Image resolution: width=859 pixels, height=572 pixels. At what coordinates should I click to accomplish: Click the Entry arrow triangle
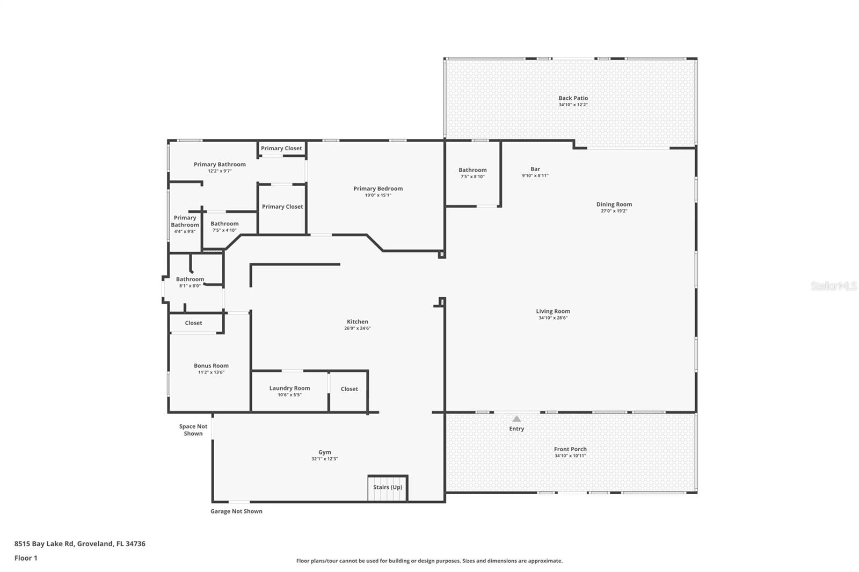(x=516, y=419)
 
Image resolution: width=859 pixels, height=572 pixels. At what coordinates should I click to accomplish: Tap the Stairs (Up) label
(x=388, y=487)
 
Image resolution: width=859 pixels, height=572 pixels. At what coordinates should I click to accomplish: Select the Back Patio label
(x=573, y=98)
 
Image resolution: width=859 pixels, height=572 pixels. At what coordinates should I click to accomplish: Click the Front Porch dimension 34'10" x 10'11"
(x=570, y=456)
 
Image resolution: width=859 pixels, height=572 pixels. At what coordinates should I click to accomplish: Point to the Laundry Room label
(x=289, y=388)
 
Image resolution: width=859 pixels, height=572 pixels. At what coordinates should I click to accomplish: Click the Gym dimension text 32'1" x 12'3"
(x=324, y=459)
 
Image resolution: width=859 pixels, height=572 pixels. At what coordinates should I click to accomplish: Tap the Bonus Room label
(x=211, y=365)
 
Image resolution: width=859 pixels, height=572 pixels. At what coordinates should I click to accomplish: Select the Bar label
(x=535, y=169)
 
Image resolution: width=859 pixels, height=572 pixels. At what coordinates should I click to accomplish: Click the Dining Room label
(x=614, y=204)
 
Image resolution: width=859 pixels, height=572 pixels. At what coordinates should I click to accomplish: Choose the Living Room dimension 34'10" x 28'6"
(x=553, y=318)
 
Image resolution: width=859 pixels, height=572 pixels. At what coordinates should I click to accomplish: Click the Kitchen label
(x=357, y=321)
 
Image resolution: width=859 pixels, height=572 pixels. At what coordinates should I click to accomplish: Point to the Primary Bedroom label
(x=378, y=188)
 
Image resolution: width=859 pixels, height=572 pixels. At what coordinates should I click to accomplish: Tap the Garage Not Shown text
(x=236, y=511)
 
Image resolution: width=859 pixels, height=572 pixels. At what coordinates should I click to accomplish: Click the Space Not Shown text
(x=193, y=430)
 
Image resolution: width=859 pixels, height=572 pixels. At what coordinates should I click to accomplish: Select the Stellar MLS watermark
(x=833, y=287)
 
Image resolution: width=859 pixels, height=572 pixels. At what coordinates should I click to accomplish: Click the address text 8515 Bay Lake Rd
(x=44, y=544)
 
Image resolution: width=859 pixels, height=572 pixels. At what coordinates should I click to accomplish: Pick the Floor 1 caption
(x=26, y=558)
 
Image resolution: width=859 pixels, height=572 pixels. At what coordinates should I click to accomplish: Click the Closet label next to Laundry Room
(x=349, y=389)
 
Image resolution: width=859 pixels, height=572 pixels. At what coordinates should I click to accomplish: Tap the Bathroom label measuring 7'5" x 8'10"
(x=472, y=170)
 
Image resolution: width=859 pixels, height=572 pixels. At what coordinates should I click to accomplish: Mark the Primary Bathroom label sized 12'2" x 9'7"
(x=220, y=164)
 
